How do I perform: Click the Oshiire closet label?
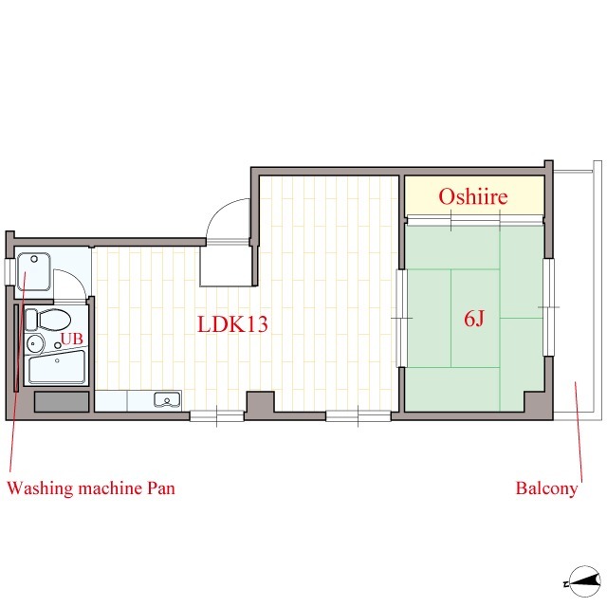coord(472,196)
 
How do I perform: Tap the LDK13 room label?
coord(232,324)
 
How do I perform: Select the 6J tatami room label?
coord(474,320)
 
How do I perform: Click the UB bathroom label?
coord(72,339)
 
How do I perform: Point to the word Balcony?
coord(546,488)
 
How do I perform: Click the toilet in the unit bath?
coord(48,320)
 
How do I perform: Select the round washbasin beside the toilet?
coord(35,343)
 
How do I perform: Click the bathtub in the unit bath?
coord(57,367)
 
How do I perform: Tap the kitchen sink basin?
coord(167,400)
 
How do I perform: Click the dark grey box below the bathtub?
coord(62,402)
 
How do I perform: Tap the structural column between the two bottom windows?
coord(261,403)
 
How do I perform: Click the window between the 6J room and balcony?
coord(548,307)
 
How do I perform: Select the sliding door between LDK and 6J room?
coord(402,318)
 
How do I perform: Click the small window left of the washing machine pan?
coord(9,271)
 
